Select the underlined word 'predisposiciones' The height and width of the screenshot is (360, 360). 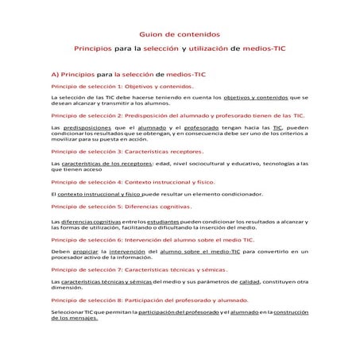(88, 127)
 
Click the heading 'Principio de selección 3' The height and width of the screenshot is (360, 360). (126, 151)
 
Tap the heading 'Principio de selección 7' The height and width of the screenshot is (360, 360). (138, 269)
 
